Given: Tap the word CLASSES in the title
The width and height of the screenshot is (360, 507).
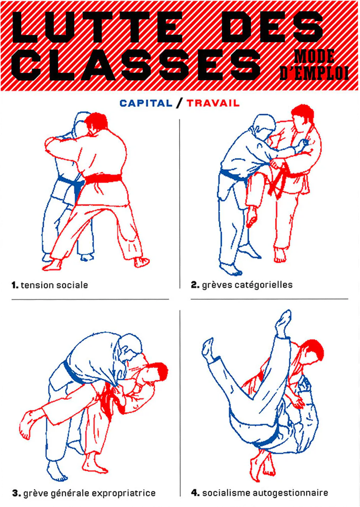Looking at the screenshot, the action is tap(136, 65).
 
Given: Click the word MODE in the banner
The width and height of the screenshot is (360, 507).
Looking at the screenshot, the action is tap(314, 56).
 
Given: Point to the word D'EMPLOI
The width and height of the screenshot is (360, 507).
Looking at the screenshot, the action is tap(314, 73).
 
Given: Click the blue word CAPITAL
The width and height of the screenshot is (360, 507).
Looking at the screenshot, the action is tap(146, 103).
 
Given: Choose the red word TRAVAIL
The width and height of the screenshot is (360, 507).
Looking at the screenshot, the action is tap(213, 103).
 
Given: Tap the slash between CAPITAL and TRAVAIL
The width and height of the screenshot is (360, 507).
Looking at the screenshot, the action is tap(179, 103).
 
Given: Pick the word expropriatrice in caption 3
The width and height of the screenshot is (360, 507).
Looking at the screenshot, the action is tap(124, 493).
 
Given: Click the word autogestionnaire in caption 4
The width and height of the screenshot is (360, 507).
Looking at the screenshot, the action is tap(290, 493).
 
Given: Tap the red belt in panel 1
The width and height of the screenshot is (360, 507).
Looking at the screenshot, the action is tap(103, 178).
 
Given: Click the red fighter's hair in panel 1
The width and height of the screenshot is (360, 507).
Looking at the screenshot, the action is tap(96, 121).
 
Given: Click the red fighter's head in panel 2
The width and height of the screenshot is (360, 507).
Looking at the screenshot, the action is tap(303, 117).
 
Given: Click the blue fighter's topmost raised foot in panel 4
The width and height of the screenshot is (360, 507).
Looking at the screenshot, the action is tap(283, 322).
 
